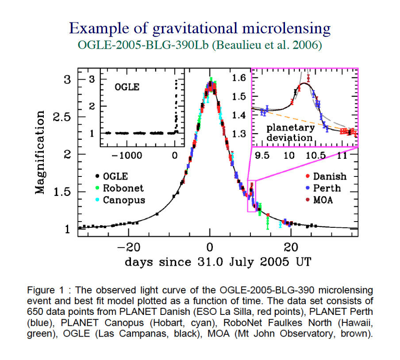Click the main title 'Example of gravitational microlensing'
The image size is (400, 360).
200,29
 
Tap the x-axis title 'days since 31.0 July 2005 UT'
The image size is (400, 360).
217,261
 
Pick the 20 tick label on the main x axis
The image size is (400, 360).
291,245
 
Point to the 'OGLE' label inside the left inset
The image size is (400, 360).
127,87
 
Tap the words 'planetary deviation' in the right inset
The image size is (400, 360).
290,132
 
